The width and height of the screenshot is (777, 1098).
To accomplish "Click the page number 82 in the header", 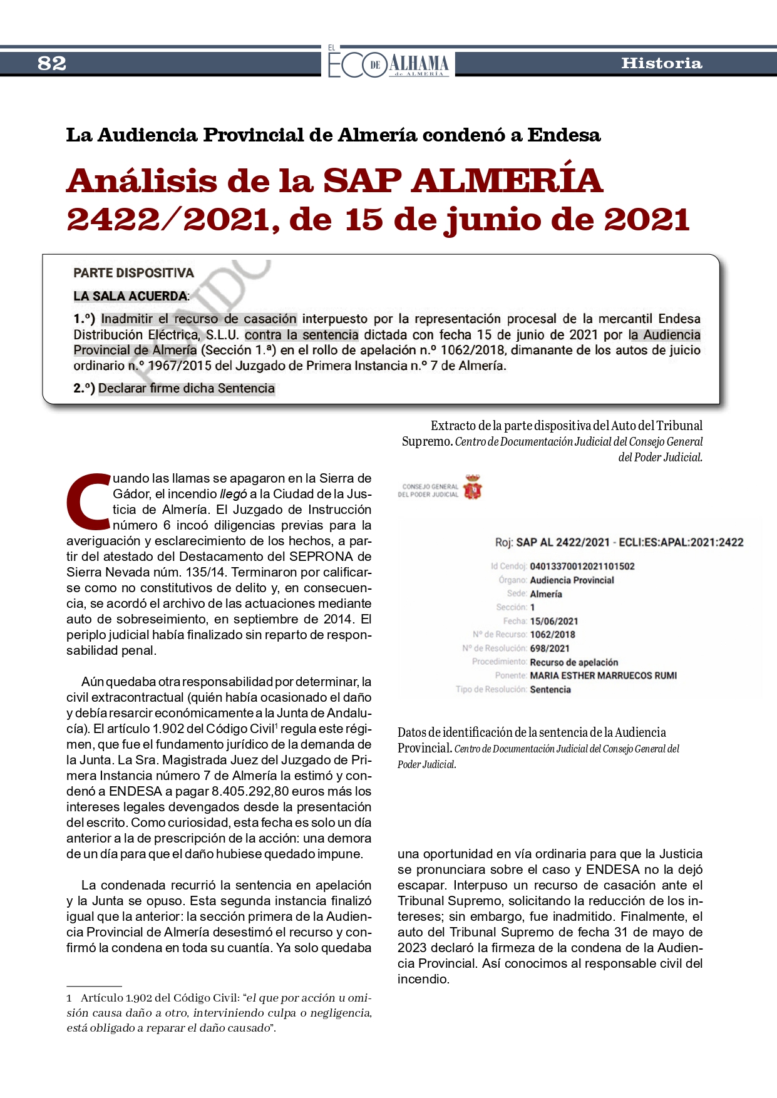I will (52, 63).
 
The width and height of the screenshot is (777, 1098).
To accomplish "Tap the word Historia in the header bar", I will (661, 63).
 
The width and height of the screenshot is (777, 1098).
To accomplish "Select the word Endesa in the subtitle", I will (563, 135).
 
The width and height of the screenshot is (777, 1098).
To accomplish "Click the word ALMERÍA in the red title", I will (507, 182).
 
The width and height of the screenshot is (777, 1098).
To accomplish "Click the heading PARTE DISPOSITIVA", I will (133, 273).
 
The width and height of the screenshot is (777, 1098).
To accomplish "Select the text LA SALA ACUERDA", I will (130, 296).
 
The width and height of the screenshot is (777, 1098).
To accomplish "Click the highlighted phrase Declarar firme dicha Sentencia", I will (186, 389).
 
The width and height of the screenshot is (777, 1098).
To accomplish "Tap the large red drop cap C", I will (88, 501).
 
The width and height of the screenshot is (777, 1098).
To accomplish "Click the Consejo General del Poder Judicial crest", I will (473, 487).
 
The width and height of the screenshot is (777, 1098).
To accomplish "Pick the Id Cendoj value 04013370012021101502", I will (582, 567).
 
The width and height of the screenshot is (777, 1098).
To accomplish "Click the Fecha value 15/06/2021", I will (553, 622).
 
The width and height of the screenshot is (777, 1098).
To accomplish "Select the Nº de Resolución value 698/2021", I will (550, 649).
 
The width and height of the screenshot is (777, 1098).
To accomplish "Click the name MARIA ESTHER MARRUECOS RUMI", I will (603, 676).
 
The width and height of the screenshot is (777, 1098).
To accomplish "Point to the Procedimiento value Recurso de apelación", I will (574, 662).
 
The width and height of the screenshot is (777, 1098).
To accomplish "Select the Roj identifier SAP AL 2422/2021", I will (562, 542).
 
